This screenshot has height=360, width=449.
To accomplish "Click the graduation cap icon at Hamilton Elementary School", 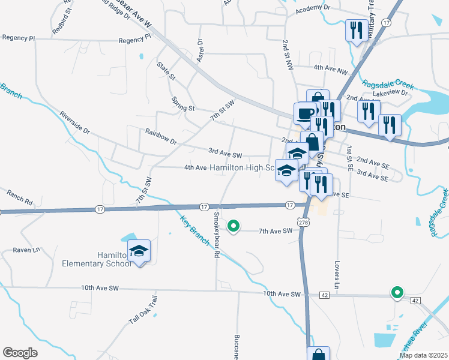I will (x=139, y=250).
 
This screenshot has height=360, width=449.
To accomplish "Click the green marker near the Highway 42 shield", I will (x=397, y=293).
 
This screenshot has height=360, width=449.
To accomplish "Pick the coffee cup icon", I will (x=305, y=113).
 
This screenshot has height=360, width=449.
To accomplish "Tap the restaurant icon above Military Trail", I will (x=357, y=29).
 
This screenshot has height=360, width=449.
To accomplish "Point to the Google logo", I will (x=20, y=353).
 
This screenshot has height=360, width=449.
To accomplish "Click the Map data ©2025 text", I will (x=423, y=355).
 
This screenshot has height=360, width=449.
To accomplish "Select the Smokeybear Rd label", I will (x=215, y=235).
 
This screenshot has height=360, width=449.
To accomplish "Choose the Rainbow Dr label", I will (x=161, y=137).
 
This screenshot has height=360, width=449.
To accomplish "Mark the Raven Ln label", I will (x=26, y=249).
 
